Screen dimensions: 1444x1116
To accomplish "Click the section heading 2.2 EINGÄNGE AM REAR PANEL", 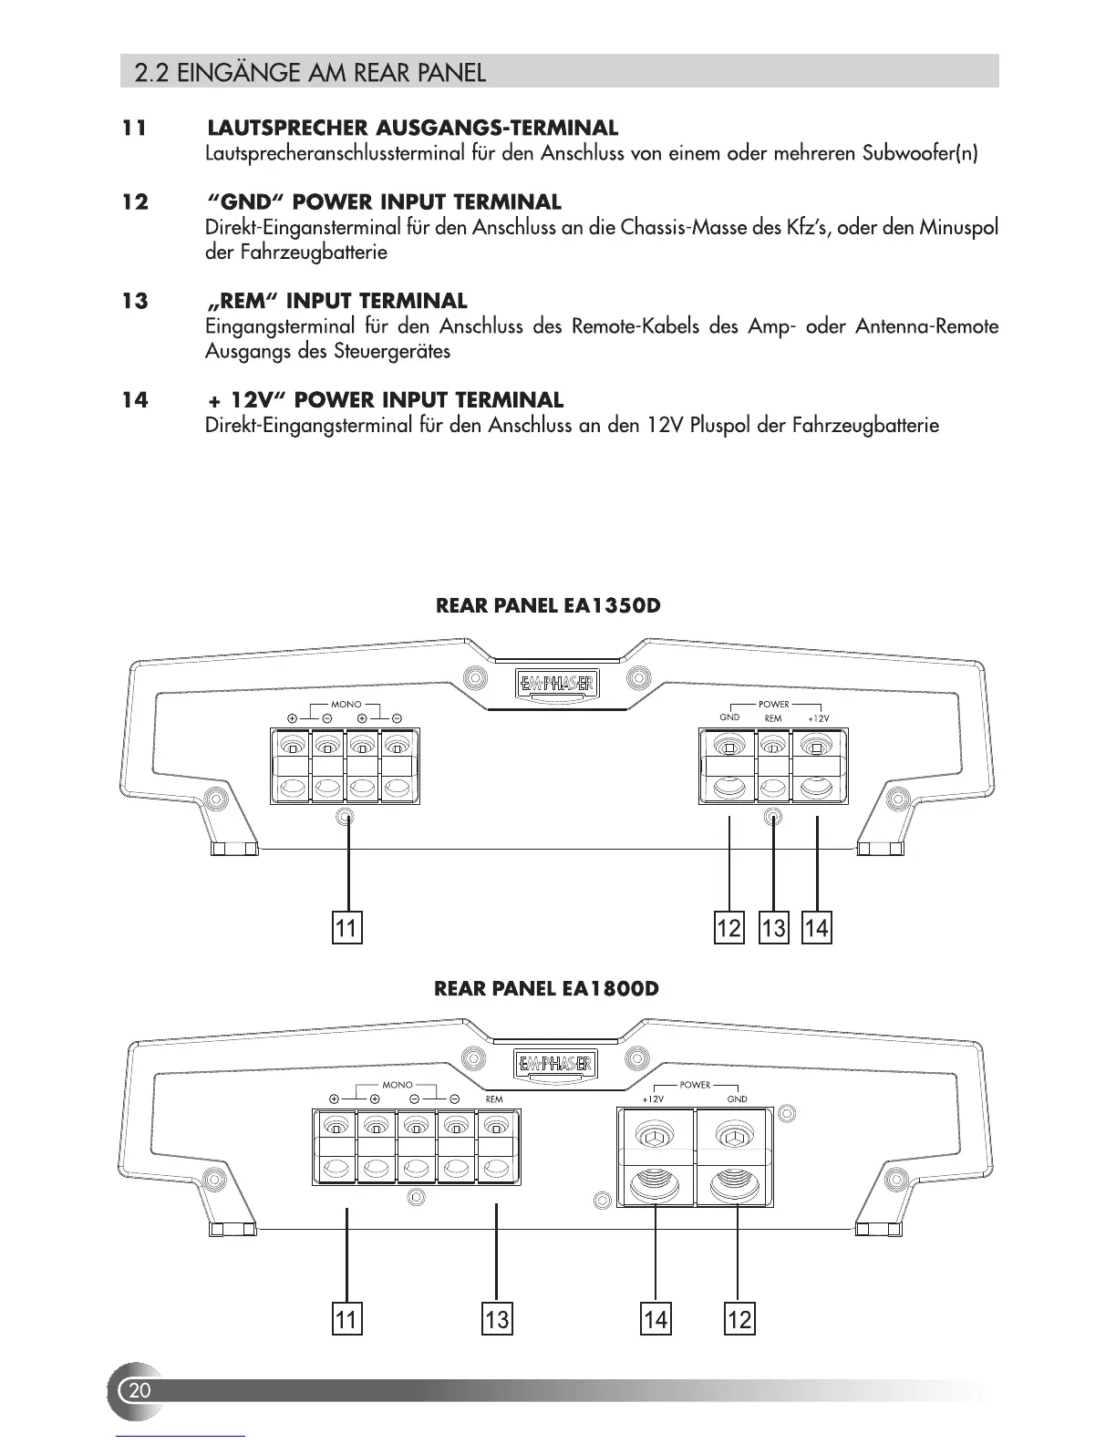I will (309, 72).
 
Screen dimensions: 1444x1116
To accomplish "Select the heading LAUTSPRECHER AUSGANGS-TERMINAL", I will (412, 128).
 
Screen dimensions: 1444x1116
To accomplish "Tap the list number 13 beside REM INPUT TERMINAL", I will (135, 301).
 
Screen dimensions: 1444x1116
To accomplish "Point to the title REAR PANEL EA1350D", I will (548, 606).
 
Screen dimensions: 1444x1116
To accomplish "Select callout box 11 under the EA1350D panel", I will (346, 928).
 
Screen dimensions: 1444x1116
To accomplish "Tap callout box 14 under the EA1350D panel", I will (817, 928).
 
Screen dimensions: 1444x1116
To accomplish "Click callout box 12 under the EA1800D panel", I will (739, 1318).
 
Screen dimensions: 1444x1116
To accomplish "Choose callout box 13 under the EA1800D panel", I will (497, 1318).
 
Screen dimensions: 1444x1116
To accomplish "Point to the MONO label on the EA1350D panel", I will (346, 705).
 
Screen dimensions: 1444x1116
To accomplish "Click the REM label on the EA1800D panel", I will (493, 1099).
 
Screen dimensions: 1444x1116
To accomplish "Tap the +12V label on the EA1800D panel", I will (652, 1099).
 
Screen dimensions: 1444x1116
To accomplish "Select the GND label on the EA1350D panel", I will (729, 717).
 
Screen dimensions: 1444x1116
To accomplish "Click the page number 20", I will (139, 1390).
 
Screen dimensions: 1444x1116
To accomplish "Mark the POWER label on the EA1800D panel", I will (695, 1086).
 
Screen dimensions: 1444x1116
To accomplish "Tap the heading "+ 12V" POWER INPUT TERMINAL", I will (385, 400).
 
